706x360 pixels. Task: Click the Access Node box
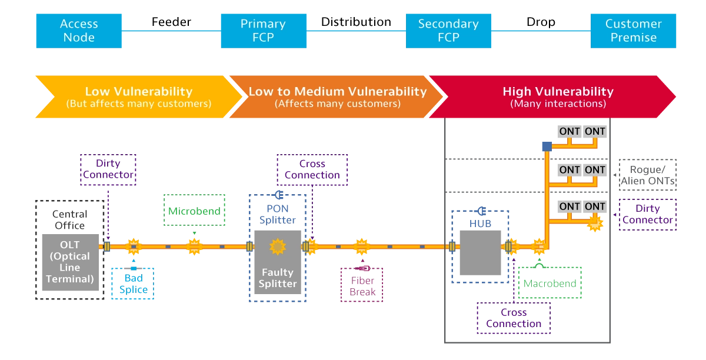point(79,31)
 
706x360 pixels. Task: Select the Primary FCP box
point(264,31)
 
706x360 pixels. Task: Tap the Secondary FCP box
point(448,31)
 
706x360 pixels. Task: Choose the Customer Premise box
point(633,31)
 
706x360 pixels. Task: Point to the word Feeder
point(171,22)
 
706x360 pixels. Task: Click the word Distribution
point(356,22)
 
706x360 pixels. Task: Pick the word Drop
point(541,22)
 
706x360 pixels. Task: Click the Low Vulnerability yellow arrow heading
point(139,91)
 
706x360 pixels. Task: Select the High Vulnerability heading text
point(558,91)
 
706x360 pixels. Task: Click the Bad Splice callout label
point(133,284)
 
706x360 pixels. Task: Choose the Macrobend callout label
point(550,283)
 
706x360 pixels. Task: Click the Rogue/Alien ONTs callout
point(647,175)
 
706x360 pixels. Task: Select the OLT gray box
point(70,262)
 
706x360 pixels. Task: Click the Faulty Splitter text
point(278,278)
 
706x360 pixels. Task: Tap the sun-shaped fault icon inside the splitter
point(278,246)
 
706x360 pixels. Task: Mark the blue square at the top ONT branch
point(547,146)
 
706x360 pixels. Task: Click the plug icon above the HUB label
point(481,211)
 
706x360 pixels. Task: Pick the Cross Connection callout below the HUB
point(514,318)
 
